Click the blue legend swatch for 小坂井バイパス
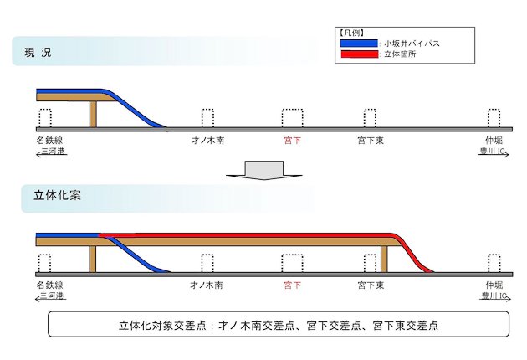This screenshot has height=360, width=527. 359,43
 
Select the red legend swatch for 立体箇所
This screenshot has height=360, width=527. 360,54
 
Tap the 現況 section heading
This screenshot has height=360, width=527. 38,53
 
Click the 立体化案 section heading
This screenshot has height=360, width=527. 57,195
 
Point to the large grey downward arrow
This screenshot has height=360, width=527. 264,170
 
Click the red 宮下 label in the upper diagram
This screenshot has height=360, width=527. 293,141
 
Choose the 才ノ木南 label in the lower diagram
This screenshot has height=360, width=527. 207,285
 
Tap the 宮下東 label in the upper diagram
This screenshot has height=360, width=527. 371,141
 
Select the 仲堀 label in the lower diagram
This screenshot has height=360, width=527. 494,285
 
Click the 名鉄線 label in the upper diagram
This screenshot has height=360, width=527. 49,140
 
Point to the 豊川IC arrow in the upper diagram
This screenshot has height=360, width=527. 494,154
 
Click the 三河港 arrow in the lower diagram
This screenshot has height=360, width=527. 51,299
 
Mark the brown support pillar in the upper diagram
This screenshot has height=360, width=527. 93,114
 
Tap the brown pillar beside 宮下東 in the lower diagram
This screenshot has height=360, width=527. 384,259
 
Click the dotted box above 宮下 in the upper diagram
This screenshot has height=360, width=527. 293,118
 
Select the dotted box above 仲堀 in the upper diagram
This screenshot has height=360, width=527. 494,118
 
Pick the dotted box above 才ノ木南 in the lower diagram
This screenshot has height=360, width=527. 207,263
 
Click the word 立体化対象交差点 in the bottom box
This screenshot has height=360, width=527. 162,326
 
